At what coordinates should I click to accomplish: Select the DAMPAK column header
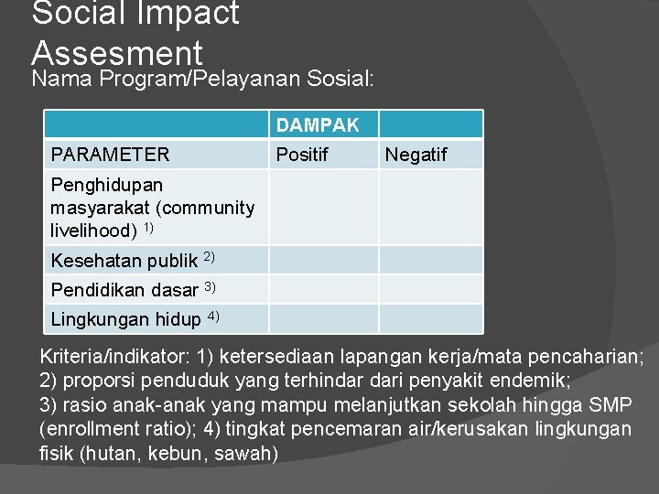(x=317, y=124)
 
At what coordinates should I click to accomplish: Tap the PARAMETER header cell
(x=110, y=155)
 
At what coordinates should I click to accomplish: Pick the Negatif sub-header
(x=416, y=155)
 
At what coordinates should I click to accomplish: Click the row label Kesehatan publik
(x=124, y=261)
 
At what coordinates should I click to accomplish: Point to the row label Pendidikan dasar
(x=124, y=290)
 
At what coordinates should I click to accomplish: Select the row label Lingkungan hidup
(x=125, y=319)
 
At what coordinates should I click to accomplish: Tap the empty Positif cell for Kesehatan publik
(x=323, y=260)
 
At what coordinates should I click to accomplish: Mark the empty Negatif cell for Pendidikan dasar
(x=430, y=289)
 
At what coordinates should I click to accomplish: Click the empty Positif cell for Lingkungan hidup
(x=323, y=318)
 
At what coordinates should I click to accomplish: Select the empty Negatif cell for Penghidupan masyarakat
(x=430, y=207)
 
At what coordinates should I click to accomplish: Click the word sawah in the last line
(x=250, y=454)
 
